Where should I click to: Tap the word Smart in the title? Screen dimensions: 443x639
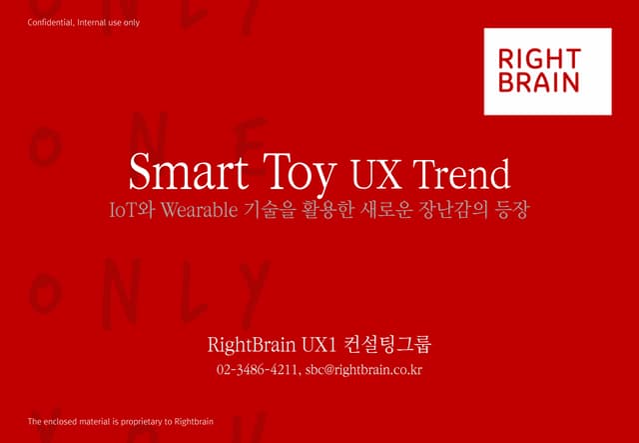(x=177, y=174)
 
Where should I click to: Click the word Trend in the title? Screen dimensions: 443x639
(x=461, y=175)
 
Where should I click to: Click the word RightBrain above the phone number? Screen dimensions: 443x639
(x=251, y=347)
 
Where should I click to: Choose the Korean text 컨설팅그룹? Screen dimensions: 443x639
(x=387, y=347)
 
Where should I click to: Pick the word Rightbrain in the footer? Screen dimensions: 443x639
(x=192, y=421)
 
